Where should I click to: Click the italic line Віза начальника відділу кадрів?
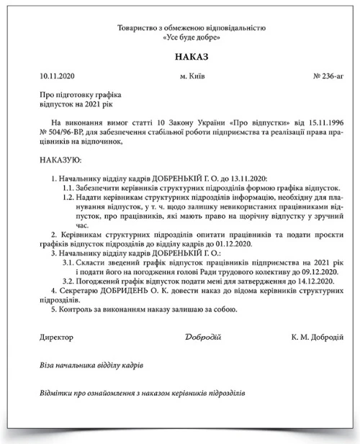click(87, 366)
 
